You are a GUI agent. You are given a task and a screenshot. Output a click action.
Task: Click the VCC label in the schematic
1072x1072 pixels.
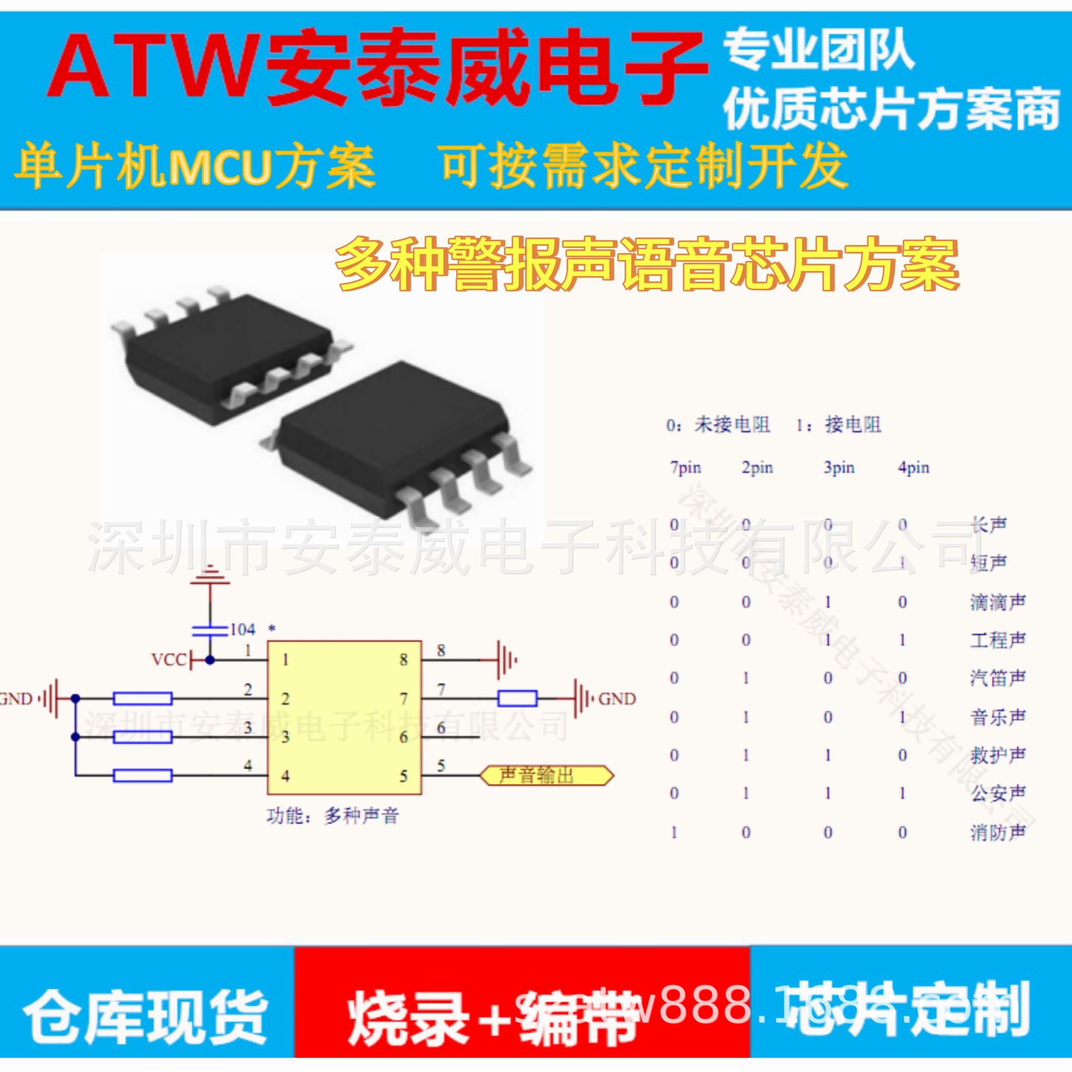168,660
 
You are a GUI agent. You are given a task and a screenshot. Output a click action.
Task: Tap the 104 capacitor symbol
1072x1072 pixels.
210,631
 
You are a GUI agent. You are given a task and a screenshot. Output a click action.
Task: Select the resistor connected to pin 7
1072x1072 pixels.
517,698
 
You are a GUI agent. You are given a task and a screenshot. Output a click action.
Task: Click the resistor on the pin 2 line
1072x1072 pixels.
142,698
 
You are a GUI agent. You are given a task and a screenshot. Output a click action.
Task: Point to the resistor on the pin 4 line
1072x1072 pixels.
142,775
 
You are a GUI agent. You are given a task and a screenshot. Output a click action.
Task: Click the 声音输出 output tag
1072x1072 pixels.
546,775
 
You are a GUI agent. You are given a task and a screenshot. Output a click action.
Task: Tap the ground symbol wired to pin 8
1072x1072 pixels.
506,660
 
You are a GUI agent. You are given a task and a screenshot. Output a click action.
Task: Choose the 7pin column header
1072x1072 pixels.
685,467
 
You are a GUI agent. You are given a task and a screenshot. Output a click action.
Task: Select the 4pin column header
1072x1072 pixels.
913,467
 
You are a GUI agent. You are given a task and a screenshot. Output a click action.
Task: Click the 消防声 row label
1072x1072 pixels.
998,833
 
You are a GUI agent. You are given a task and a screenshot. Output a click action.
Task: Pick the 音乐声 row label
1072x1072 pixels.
998,717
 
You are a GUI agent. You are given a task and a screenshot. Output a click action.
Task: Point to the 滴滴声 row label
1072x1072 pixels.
998,602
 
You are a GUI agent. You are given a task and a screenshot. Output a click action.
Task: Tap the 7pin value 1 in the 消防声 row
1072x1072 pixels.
674,833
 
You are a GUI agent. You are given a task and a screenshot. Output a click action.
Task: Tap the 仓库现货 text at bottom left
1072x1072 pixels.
145,1017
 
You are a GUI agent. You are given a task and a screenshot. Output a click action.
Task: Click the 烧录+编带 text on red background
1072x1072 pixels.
492,1017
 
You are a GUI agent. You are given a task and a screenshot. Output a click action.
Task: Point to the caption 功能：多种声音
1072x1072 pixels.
333,817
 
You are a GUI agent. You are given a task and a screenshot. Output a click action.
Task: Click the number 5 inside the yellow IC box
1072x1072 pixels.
403,776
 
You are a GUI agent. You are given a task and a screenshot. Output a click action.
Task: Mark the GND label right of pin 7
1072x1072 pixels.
617,699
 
